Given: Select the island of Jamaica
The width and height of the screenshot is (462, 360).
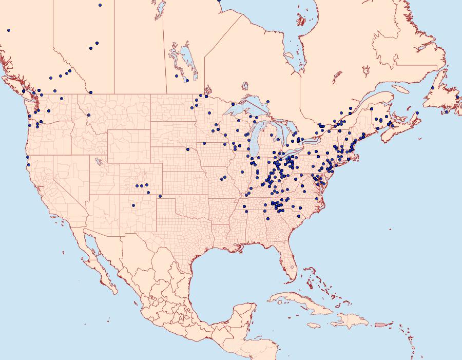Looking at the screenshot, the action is [314, 326].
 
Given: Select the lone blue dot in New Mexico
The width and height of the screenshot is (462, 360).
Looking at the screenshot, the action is [133, 205].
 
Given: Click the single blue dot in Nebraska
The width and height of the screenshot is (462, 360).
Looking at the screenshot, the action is [188, 149].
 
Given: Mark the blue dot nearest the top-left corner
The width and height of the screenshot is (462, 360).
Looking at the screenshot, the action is [9, 30].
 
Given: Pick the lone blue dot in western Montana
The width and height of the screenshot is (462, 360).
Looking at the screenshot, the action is [89, 115].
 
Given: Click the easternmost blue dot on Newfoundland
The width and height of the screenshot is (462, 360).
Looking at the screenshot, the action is [457, 97].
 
